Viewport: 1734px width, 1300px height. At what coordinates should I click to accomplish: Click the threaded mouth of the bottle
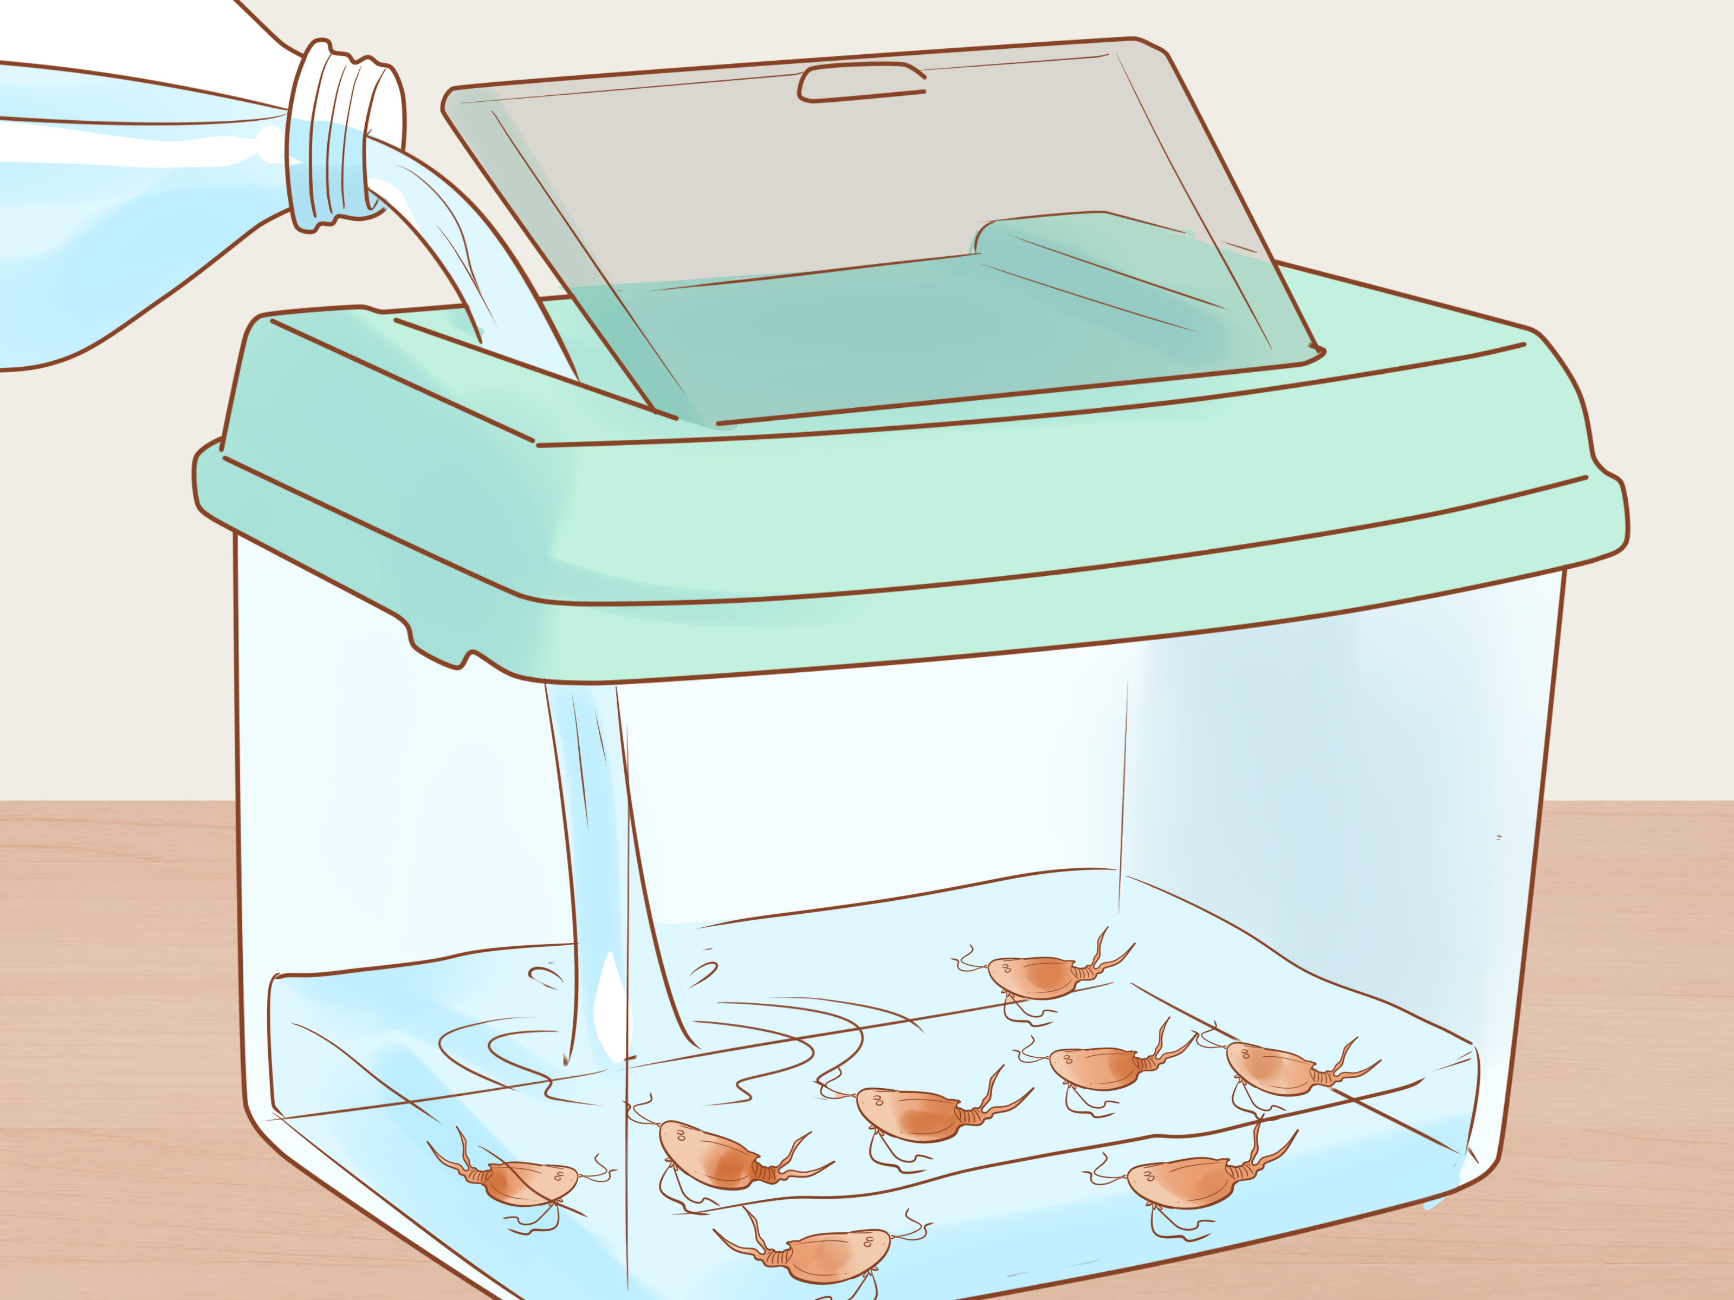point(345,137)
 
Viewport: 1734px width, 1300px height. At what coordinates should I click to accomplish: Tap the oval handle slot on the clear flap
point(860,83)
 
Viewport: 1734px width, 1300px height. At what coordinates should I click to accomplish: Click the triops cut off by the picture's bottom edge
point(831,1254)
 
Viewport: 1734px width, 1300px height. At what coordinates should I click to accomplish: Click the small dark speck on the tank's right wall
point(1499,837)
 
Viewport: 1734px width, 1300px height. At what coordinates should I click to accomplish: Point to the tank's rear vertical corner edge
point(1123,784)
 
